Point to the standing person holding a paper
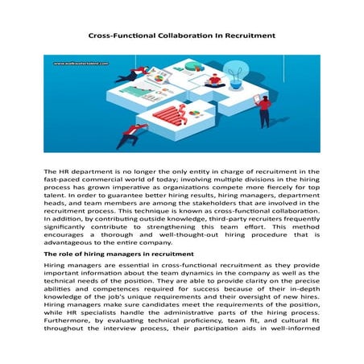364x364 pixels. pos(263,110)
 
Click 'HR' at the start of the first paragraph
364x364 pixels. pos(64,172)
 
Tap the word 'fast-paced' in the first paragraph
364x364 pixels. pos(61,183)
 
